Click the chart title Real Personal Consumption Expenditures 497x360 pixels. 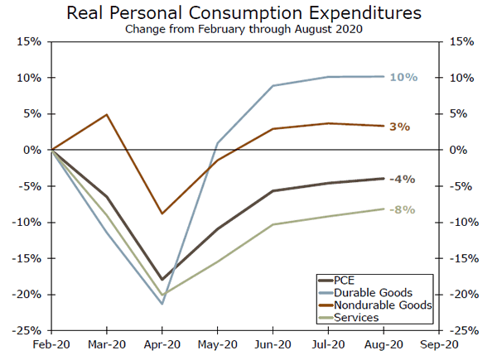(x=249, y=13)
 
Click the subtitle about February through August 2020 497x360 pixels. (x=249, y=30)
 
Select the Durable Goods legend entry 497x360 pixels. (x=373, y=292)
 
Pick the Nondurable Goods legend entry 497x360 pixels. (x=380, y=305)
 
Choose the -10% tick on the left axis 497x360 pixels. (x=30, y=222)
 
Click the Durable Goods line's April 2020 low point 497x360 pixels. (x=162, y=304)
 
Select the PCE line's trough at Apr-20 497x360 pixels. (x=162, y=280)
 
